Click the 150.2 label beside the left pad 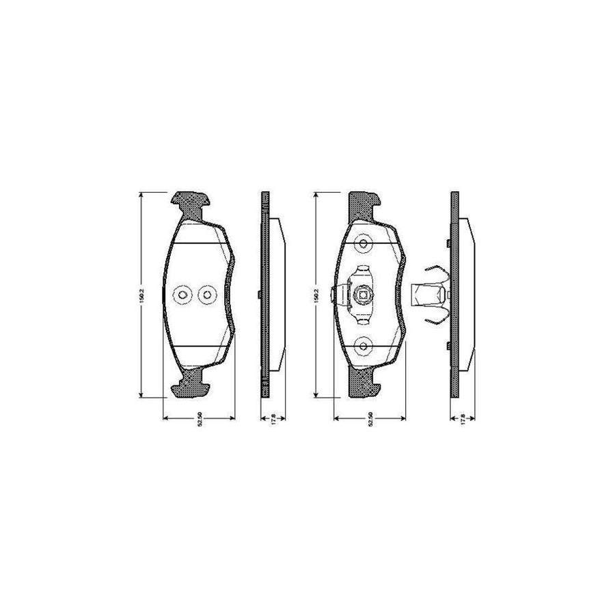coord(141,295)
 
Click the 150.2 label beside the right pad coord(315,295)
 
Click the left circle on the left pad coord(183,295)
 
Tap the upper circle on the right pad coord(364,244)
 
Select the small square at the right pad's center coord(364,295)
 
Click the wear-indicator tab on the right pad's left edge coord(335,295)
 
